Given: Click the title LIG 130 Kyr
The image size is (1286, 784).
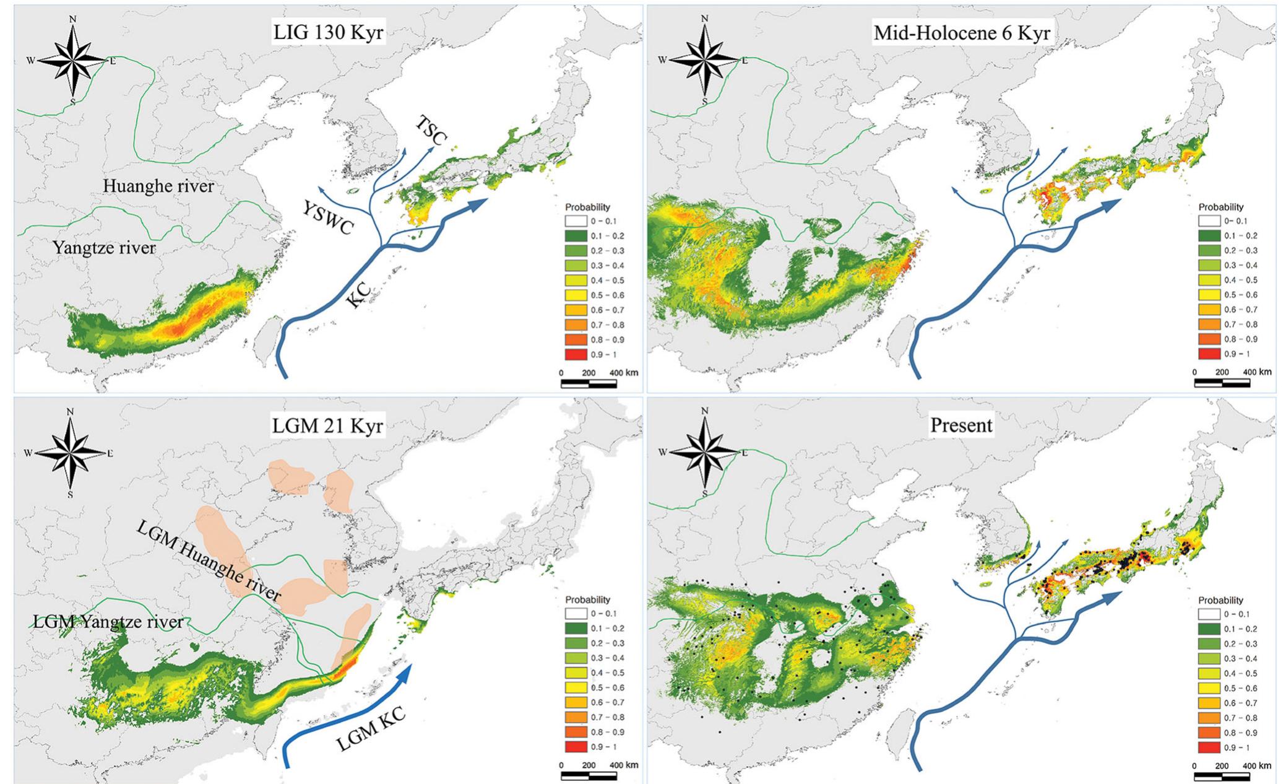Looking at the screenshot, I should click(x=327, y=32).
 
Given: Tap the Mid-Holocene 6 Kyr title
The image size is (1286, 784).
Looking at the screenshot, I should click(x=961, y=32).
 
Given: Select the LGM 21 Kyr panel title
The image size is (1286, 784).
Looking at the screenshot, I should click(x=327, y=425).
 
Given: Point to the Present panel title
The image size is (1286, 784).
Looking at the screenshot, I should click(x=961, y=425).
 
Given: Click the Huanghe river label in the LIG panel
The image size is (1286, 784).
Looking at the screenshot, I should click(x=158, y=186).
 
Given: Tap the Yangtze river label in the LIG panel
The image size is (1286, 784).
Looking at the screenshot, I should click(x=104, y=248).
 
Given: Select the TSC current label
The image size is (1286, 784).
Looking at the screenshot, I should click(x=431, y=131).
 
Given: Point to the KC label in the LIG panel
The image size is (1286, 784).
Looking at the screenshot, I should click(x=360, y=295).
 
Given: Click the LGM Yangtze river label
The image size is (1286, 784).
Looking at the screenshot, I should click(x=108, y=621).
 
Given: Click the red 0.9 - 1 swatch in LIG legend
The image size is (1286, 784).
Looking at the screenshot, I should click(x=576, y=355).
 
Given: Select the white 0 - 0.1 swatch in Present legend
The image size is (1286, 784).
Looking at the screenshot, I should click(x=1209, y=614).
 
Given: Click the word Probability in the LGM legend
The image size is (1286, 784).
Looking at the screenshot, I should click(x=587, y=599).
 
